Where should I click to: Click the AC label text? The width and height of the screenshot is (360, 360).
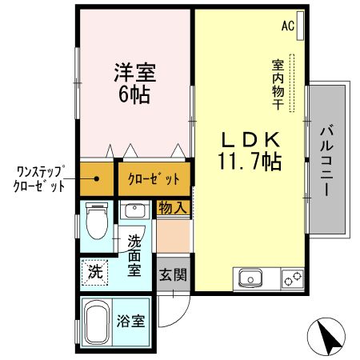287,26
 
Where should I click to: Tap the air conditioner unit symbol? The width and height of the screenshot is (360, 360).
300,22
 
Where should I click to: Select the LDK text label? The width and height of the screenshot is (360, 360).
249,138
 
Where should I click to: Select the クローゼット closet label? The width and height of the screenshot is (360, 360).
154,179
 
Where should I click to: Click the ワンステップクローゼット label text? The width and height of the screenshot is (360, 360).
40,178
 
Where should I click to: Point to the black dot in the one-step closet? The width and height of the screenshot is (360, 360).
96,178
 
